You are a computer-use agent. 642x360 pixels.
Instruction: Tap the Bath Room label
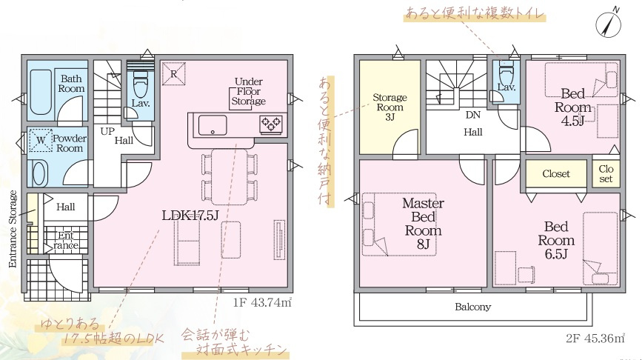click(71, 84)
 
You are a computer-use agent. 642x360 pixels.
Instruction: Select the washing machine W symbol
click(41, 140)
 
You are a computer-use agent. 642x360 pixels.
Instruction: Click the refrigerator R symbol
click(173, 74)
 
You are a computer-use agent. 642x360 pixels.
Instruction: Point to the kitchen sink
click(213, 125)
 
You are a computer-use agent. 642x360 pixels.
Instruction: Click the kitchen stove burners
click(271, 123)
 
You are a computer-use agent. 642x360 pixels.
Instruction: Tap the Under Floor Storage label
click(249, 91)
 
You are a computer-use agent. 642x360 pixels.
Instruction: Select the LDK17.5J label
click(190, 216)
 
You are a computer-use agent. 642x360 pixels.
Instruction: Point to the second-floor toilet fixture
click(506, 73)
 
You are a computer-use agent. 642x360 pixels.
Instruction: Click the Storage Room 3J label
click(389, 107)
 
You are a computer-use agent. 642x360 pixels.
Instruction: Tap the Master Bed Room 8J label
click(423, 224)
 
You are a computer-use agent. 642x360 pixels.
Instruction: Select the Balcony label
click(472, 307)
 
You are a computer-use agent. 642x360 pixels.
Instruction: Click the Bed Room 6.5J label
click(556, 241)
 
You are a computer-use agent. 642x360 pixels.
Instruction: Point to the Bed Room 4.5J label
click(572, 107)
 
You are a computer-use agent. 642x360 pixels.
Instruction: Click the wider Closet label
click(556, 173)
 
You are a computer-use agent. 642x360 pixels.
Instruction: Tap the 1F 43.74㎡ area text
click(262, 303)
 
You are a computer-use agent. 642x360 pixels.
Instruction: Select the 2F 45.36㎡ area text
click(595, 339)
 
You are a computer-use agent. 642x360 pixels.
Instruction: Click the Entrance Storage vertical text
click(13, 229)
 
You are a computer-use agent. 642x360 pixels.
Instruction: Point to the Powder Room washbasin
click(39, 173)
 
